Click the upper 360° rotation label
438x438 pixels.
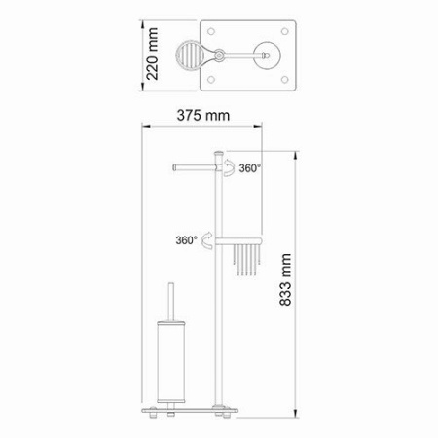pyautogui.click(x=249, y=168)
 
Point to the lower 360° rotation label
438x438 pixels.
pyautogui.click(x=187, y=238)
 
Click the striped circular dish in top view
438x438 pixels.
pyautogui.click(x=190, y=56)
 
